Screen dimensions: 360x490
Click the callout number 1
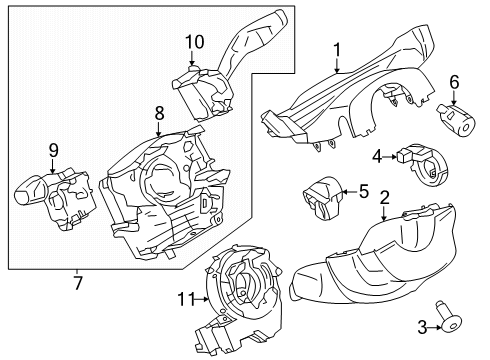click(337, 48)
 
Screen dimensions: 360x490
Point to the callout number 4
click(377, 155)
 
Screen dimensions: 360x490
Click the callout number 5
click(364, 190)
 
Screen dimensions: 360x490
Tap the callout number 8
click(158, 116)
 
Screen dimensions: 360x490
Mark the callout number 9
click(54, 151)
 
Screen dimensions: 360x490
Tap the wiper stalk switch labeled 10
click(215, 75)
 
